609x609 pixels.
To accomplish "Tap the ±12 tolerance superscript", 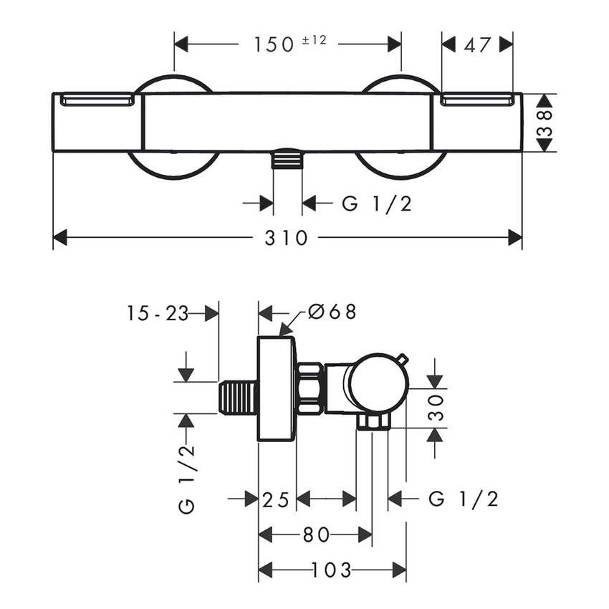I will (313, 40).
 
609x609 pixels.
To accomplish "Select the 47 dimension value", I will (478, 44).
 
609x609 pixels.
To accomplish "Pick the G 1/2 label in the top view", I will (377, 204).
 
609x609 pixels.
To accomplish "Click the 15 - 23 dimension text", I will (158, 313).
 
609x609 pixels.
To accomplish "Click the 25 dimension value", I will (277, 499).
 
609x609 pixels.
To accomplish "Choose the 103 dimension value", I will (332, 570).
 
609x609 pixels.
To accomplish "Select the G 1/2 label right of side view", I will (464, 499).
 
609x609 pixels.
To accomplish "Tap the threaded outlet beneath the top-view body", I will (288, 159).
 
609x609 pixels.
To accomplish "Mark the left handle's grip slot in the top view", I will (98, 100).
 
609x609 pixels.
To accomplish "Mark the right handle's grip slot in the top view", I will (477, 100).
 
